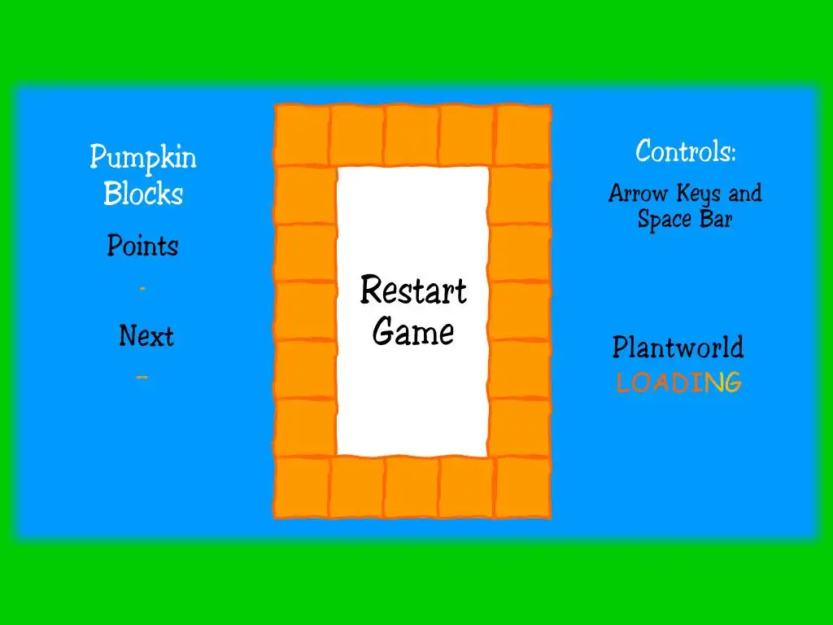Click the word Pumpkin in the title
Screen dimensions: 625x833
[143, 157]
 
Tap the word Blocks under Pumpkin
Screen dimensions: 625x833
[143, 194]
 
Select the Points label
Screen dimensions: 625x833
[142, 246]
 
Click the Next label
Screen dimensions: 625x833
[146, 335]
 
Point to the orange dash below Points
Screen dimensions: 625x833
[142, 288]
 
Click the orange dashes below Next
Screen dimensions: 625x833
[142, 377]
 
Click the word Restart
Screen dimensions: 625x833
[413, 291]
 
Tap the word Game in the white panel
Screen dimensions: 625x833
[413, 332]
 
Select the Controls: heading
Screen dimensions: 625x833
[686, 151]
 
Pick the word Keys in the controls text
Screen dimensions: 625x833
[698, 194]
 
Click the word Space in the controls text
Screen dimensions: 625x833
[663, 220]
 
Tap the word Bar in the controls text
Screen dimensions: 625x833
[717, 220]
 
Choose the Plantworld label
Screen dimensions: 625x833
[678, 347]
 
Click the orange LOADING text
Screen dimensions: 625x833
[678, 382]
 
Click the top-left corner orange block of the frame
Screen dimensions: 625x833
[302, 134]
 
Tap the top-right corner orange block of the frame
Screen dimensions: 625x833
[522, 134]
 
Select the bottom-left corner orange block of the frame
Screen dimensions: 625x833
[302, 487]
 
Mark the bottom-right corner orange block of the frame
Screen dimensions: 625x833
[522, 487]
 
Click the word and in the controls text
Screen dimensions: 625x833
[745, 194]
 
